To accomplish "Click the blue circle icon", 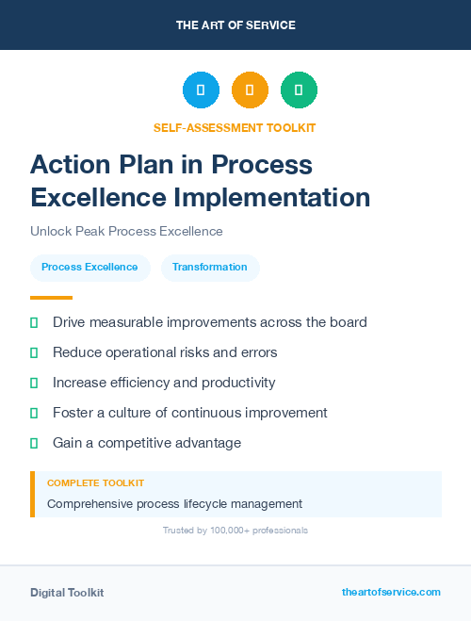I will tap(201, 90).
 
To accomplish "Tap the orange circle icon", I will tap(250, 90).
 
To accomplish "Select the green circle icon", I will tap(299, 90).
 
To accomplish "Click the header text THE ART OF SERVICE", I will tap(235, 25).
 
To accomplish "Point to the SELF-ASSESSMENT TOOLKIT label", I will tap(235, 127).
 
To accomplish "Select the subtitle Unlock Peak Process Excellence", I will tap(126, 231).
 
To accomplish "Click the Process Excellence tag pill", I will tap(89, 268).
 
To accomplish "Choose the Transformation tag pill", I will tap(210, 268).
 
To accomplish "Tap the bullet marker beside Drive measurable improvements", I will tap(34, 322).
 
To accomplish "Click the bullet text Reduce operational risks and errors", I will tap(165, 352).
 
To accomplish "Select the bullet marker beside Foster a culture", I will tap(34, 413).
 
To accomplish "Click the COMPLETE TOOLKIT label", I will tap(95, 482).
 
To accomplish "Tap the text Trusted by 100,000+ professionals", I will tap(235, 531).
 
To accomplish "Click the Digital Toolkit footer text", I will tap(67, 593).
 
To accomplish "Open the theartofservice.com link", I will tap(391, 592).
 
